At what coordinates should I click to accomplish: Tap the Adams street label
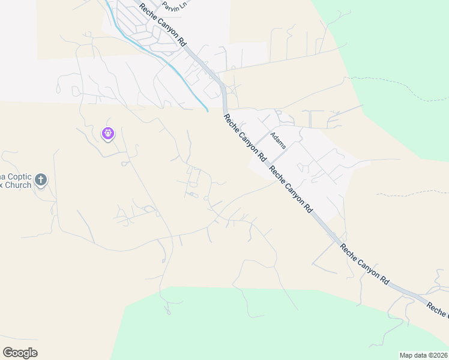coord(278,140)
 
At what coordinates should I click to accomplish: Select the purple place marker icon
coord(108,133)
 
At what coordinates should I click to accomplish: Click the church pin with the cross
coord(40,179)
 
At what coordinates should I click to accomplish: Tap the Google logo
coord(20,353)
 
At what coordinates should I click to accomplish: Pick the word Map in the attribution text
coord(406,355)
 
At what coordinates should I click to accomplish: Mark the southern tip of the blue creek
coord(207,110)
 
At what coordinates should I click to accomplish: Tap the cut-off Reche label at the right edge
coord(437,310)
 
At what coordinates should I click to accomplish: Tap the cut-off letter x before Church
coord(2,185)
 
